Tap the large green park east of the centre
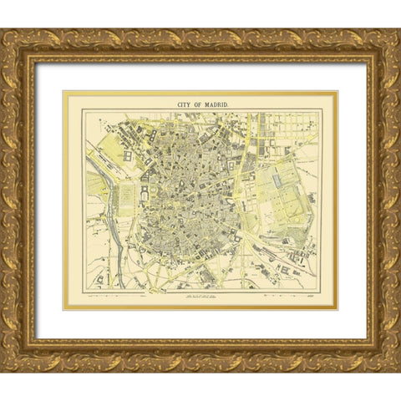tap(288, 188)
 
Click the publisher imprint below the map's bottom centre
tap(200, 296)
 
